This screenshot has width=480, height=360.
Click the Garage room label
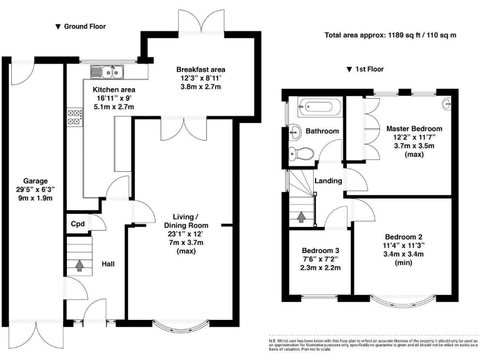click(36, 181)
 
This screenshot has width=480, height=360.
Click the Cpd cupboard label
click(77, 224)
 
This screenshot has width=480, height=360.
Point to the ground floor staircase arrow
click(79, 266)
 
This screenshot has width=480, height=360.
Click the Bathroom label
click(322, 131)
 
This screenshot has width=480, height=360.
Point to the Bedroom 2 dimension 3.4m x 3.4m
click(404, 254)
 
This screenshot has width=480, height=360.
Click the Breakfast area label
click(201, 69)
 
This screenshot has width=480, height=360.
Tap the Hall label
click(108, 264)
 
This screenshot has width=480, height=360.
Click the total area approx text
click(391, 35)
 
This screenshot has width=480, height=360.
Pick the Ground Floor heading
click(81, 26)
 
